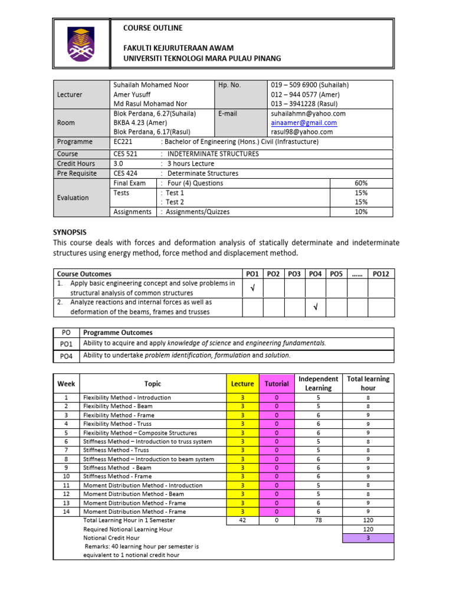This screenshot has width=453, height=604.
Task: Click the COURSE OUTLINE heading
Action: pos(153,28)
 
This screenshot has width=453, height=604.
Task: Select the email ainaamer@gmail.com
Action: pos(304,123)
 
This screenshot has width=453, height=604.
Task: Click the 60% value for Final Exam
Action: pos(361,183)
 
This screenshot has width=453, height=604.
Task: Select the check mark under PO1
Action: pos(252,288)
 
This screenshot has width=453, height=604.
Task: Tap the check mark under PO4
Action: pos(314,307)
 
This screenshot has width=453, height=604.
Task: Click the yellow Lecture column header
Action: pos(242,383)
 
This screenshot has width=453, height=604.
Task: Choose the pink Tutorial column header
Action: pos(277,383)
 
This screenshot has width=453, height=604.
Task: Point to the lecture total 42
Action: pos(242,520)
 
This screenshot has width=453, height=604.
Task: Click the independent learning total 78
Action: pos(318,520)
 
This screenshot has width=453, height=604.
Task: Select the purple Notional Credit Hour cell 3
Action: pos(368,538)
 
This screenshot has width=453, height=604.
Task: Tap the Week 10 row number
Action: pos(66,476)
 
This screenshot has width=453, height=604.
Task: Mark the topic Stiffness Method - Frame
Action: pos(117,476)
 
